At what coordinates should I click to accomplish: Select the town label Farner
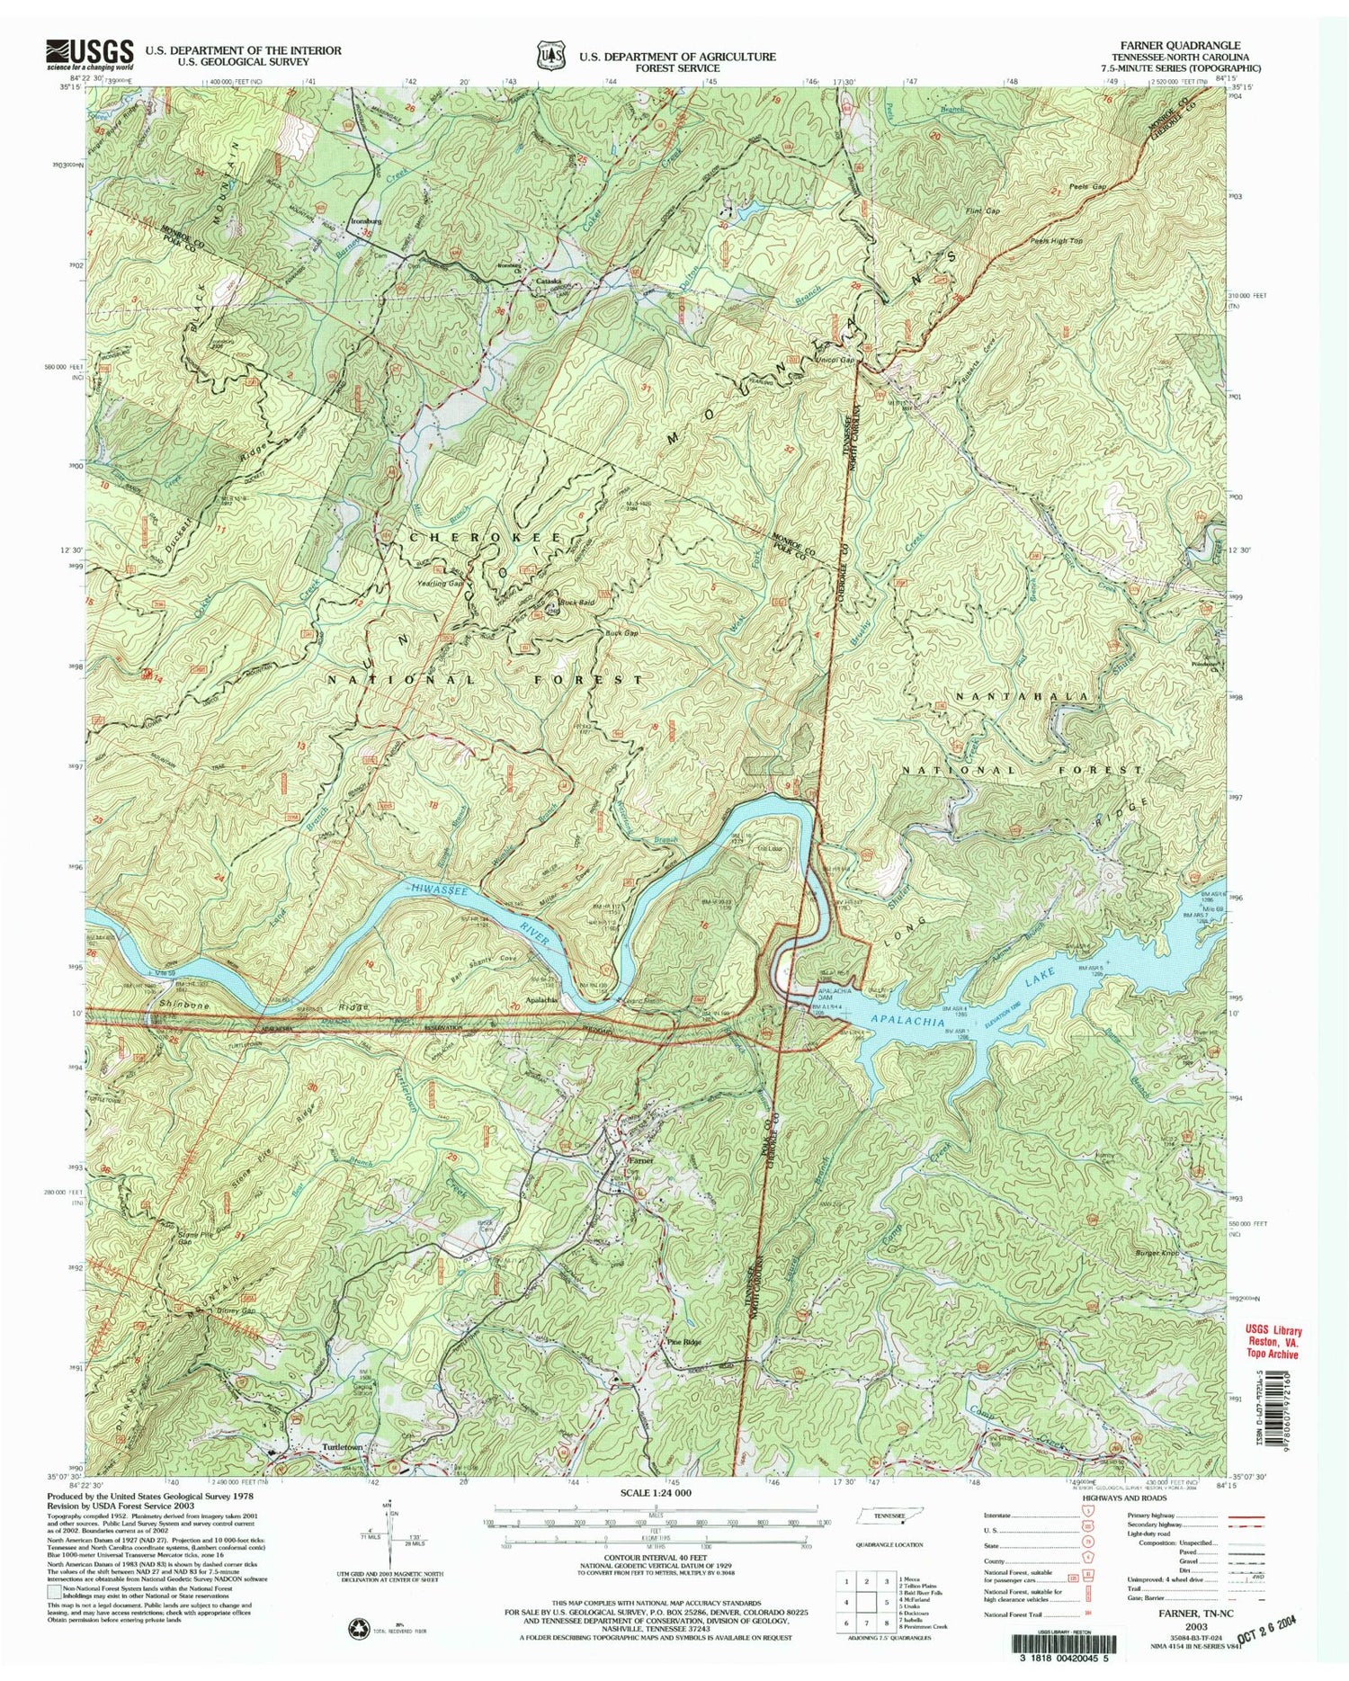tap(639, 1160)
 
